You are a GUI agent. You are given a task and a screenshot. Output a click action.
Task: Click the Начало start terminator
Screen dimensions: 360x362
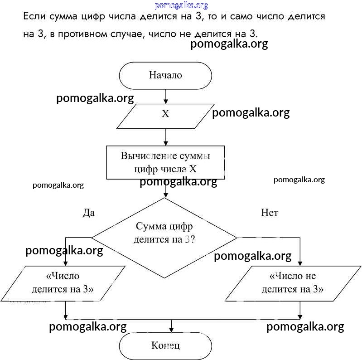pos(165,75)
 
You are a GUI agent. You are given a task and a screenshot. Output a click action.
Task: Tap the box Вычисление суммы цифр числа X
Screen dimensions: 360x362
pos(165,162)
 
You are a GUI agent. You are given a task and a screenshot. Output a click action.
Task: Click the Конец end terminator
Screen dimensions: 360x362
pos(165,346)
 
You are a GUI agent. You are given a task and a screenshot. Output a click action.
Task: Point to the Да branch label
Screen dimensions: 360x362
pos(89,212)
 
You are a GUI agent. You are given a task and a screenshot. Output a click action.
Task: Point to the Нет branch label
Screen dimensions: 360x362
pos(270,212)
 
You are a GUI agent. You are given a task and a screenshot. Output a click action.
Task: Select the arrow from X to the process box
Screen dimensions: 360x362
pos(166,136)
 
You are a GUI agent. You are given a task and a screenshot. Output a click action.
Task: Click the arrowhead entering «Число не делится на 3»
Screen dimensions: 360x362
pos(300,263)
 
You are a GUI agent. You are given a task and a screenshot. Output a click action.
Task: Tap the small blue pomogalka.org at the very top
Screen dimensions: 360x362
pos(181,5)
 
